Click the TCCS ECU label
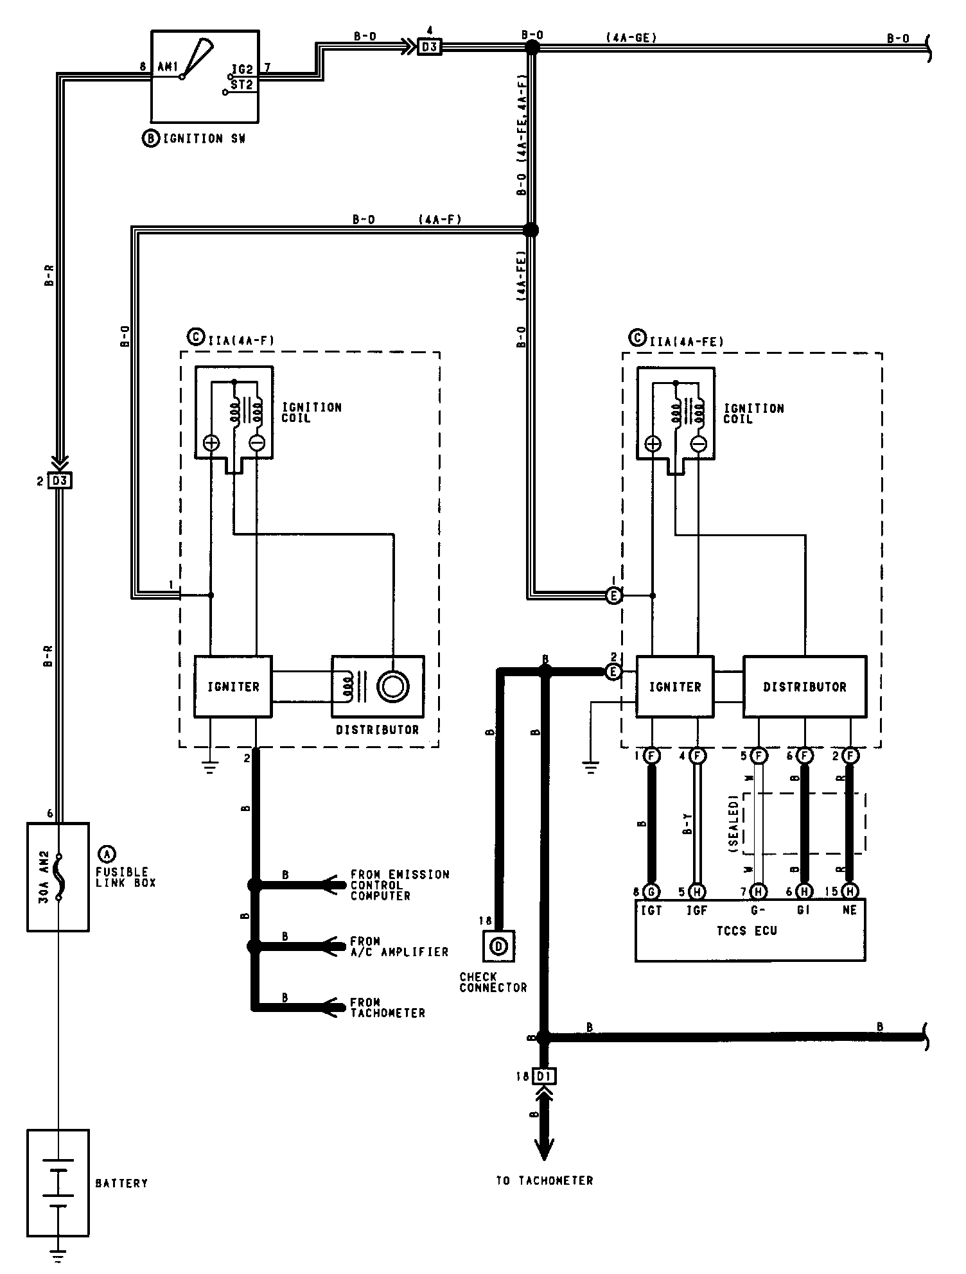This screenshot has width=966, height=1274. click(x=747, y=930)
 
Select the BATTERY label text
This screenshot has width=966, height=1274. click(x=121, y=1183)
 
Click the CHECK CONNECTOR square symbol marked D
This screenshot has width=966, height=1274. click(x=499, y=945)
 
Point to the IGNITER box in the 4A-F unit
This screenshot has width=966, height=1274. click(x=233, y=686)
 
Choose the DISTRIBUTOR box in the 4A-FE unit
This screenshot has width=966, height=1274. click(x=804, y=686)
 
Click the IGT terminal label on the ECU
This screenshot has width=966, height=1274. click(x=651, y=911)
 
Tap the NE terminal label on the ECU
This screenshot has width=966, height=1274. click(x=849, y=911)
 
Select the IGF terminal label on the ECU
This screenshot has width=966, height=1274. click(x=697, y=911)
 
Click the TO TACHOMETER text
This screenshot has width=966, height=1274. click(x=544, y=1180)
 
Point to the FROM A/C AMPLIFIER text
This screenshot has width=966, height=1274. click(x=399, y=947)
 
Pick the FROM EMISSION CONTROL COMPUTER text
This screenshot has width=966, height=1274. click(x=400, y=885)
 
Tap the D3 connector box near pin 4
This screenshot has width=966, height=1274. click(x=429, y=47)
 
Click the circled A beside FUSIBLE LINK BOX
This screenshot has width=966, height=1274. click(x=106, y=853)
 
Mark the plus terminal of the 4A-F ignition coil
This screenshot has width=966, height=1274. click(x=211, y=442)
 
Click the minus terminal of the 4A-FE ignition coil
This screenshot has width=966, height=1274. click(x=699, y=444)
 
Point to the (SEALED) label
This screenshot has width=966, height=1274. click(x=733, y=824)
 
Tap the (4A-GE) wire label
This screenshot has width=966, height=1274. click(x=631, y=38)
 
